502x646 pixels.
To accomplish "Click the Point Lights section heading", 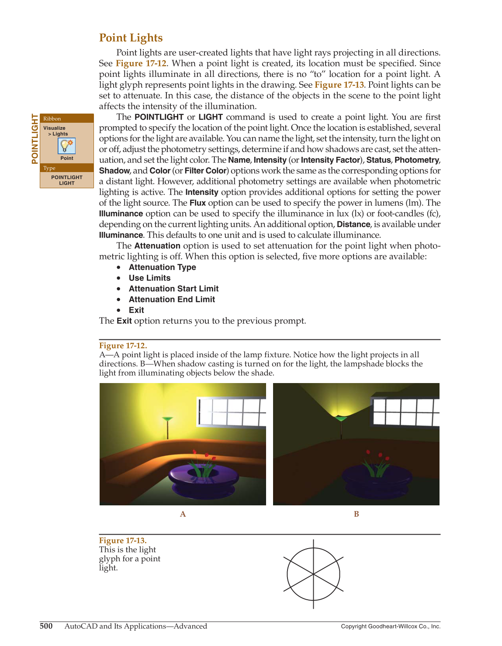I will click(x=131, y=38).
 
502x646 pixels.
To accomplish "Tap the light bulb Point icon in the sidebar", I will click(x=67, y=146).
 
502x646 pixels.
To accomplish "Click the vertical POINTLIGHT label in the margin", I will click(x=35, y=138).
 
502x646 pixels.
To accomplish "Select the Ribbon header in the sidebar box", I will click(x=52, y=118).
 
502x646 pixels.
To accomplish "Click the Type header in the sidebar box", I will click(x=49, y=168).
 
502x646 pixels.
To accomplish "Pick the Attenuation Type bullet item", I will click(x=162, y=267).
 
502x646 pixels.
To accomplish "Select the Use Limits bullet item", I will click(x=149, y=278).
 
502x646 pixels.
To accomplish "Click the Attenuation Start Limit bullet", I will click(x=173, y=289).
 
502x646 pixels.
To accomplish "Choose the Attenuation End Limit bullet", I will click(x=172, y=299).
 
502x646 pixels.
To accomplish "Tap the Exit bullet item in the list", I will click(x=136, y=310).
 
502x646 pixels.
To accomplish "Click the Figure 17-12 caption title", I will click(x=123, y=345).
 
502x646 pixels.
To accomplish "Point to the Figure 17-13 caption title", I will click(x=123, y=540).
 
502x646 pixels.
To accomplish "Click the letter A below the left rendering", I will click(x=183, y=514).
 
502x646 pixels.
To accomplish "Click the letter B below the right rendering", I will click(x=356, y=514).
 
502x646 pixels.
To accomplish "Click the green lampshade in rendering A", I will click(x=167, y=419).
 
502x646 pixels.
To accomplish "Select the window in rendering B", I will click(x=405, y=411).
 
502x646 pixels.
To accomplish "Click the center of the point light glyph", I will click(x=313, y=574).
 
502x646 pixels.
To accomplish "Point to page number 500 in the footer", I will click(x=46, y=626).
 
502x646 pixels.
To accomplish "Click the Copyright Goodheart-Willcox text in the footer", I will click(x=391, y=626).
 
